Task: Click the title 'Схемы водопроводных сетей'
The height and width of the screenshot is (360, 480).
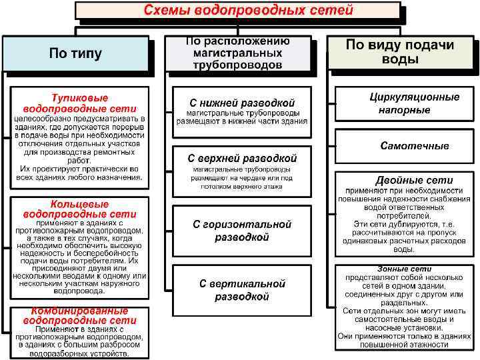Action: pyautogui.click(x=239, y=11)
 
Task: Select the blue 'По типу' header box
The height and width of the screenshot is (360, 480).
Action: pyautogui.click(x=75, y=54)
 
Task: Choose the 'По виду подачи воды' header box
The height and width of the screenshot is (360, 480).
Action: pyautogui.click(x=400, y=51)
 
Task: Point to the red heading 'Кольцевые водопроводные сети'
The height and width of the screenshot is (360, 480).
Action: pyautogui.click(x=79, y=209)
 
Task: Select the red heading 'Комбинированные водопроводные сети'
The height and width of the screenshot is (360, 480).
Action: pyautogui.click(x=79, y=315)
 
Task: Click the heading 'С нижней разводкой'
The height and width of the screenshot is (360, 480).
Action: pyautogui.click(x=242, y=103)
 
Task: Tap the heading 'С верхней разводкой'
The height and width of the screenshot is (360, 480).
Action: pyautogui.click(x=242, y=159)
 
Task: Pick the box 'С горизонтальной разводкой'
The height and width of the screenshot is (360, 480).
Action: pyautogui.click(x=242, y=231)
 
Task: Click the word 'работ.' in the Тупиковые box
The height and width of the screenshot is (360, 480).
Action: pyautogui.click(x=79, y=161)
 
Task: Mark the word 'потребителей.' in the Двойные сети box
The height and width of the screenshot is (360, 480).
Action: pyautogui.click(x=405, y=215)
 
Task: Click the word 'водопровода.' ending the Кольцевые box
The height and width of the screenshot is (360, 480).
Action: pyautogui.click(x=79, y=291)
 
